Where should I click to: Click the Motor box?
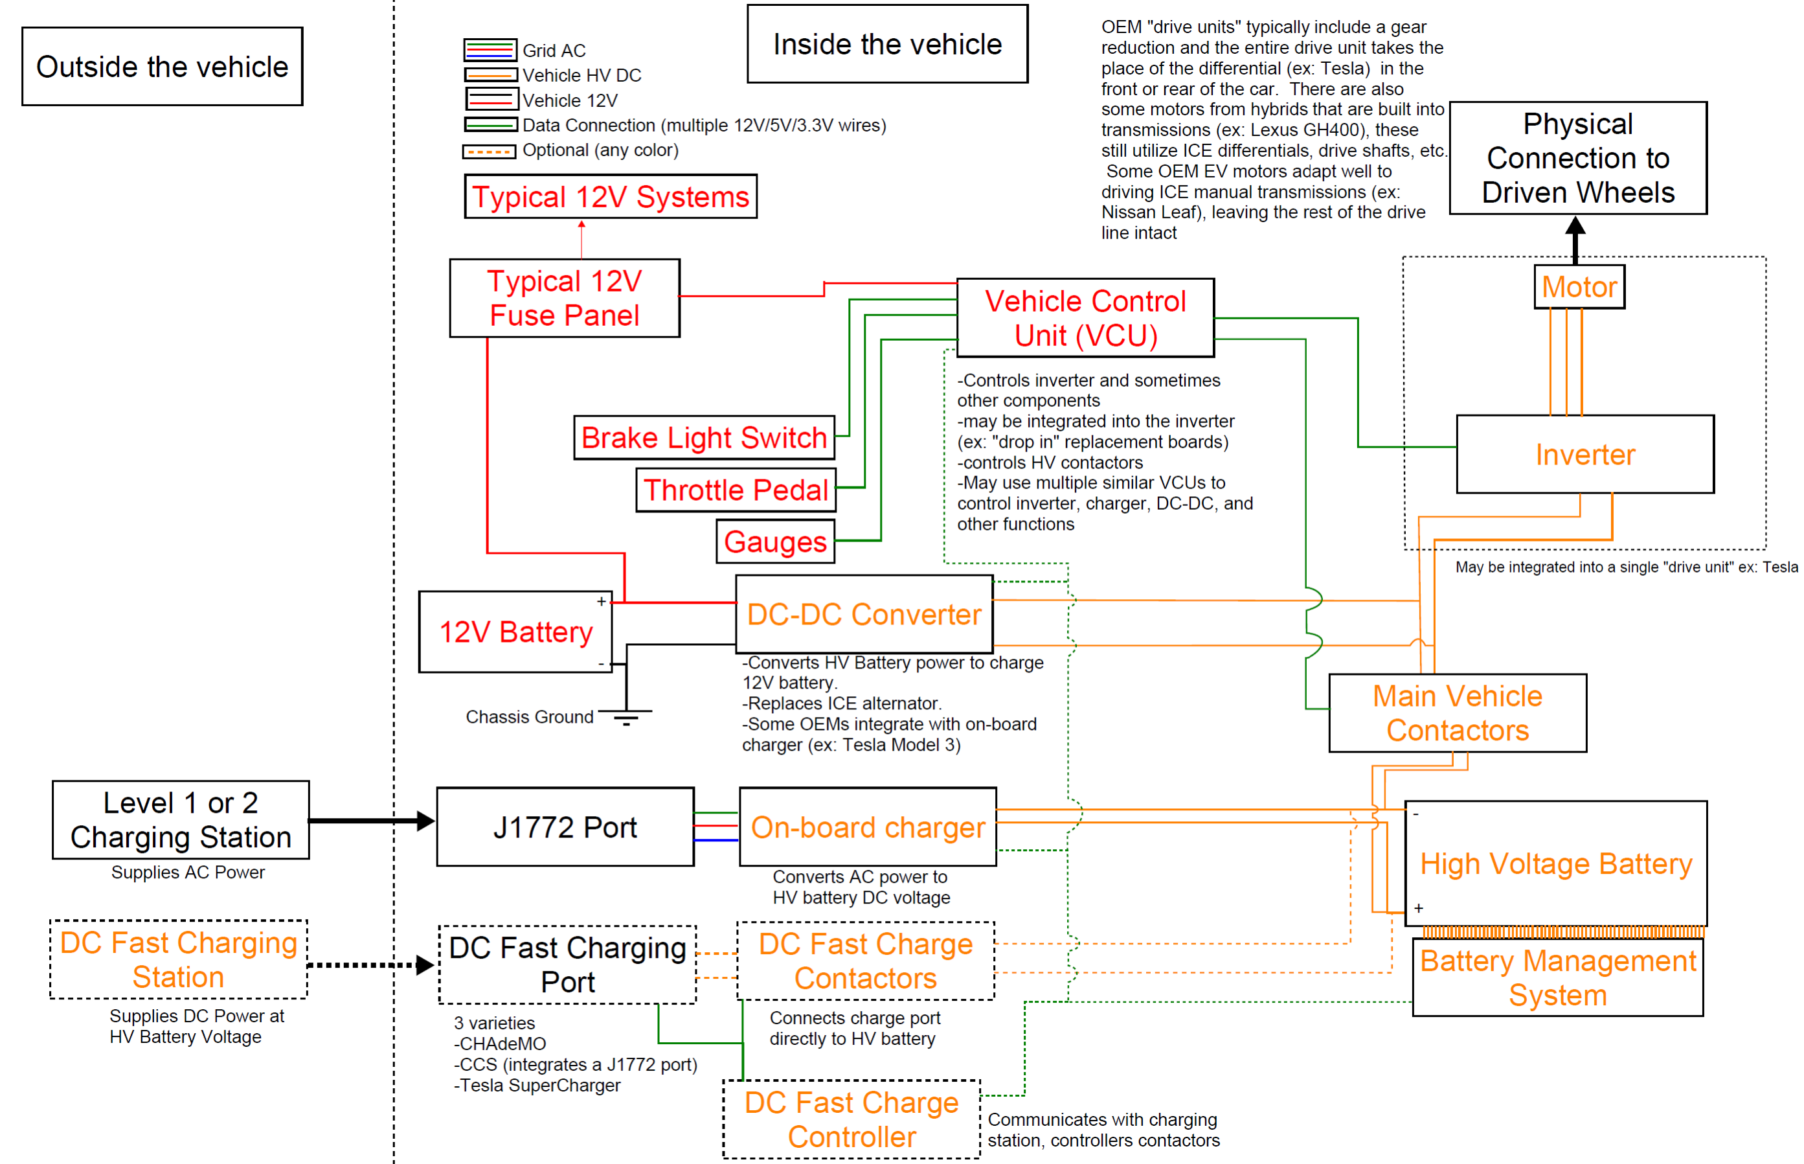tap(1578, 286)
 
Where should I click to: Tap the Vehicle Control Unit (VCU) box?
tap(1085, 318)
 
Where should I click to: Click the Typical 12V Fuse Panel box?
tap(565, 298)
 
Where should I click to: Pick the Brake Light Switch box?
tap(703, 438)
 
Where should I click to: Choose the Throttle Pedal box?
tap(735, 490)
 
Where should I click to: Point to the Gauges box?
tap(775, 541)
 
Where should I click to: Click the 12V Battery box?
tap(515, 632)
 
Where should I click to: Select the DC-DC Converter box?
tap(864, 615)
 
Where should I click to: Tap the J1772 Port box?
tap(565, 827)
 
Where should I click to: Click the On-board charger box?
tap(867, 827)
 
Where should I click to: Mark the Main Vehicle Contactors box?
tap(1457, 713)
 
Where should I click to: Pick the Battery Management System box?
tap(1558, 977)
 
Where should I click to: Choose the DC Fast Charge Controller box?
tap(851, 1119)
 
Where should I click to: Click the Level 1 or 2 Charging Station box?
tap(181, 820)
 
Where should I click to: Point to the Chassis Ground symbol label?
tap(530, 716)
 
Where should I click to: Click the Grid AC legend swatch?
tap(490, 51)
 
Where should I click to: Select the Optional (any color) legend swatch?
tap(490, 151)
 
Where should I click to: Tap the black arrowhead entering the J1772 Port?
tap(426, 820)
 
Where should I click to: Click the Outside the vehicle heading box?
tap(163, 67)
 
